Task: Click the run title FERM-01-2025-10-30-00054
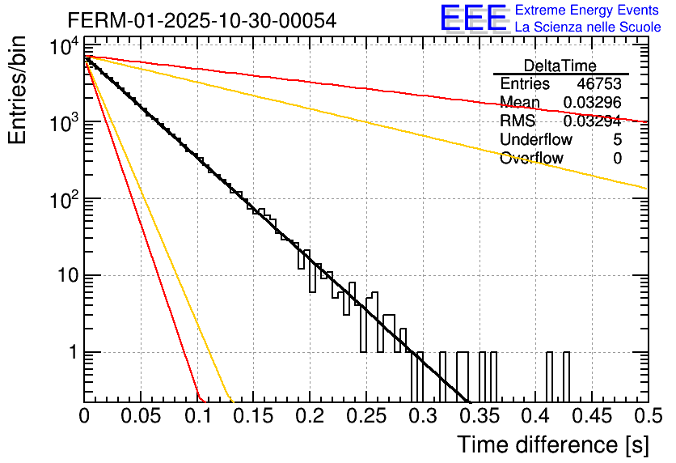coord(202,20)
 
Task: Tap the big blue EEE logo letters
coord(474,19)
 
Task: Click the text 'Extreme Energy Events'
coord(587,11)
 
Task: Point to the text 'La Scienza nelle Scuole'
coord(588,28)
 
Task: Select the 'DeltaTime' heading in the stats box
coord(560,66)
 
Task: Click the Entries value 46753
coord(599,84)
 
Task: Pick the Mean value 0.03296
coord(592,102)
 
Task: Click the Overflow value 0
coord(617,159)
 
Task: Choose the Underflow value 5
coord(617,140)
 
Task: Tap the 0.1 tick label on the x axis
coord(197,417)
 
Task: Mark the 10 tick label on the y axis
coord(63,276)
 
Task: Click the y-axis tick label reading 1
coord(71,353)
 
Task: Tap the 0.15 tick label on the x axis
coord(254,417)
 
